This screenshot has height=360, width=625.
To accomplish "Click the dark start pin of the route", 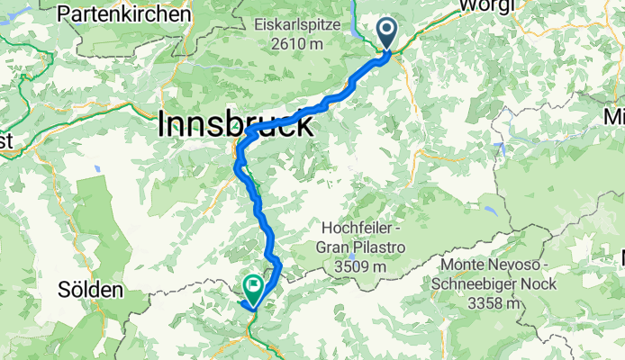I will point(388,34).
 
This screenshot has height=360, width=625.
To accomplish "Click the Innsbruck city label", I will point(235,123).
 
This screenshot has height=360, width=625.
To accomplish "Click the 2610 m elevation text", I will point(298,41).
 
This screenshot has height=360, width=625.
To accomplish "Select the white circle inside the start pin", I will point(388,30).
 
